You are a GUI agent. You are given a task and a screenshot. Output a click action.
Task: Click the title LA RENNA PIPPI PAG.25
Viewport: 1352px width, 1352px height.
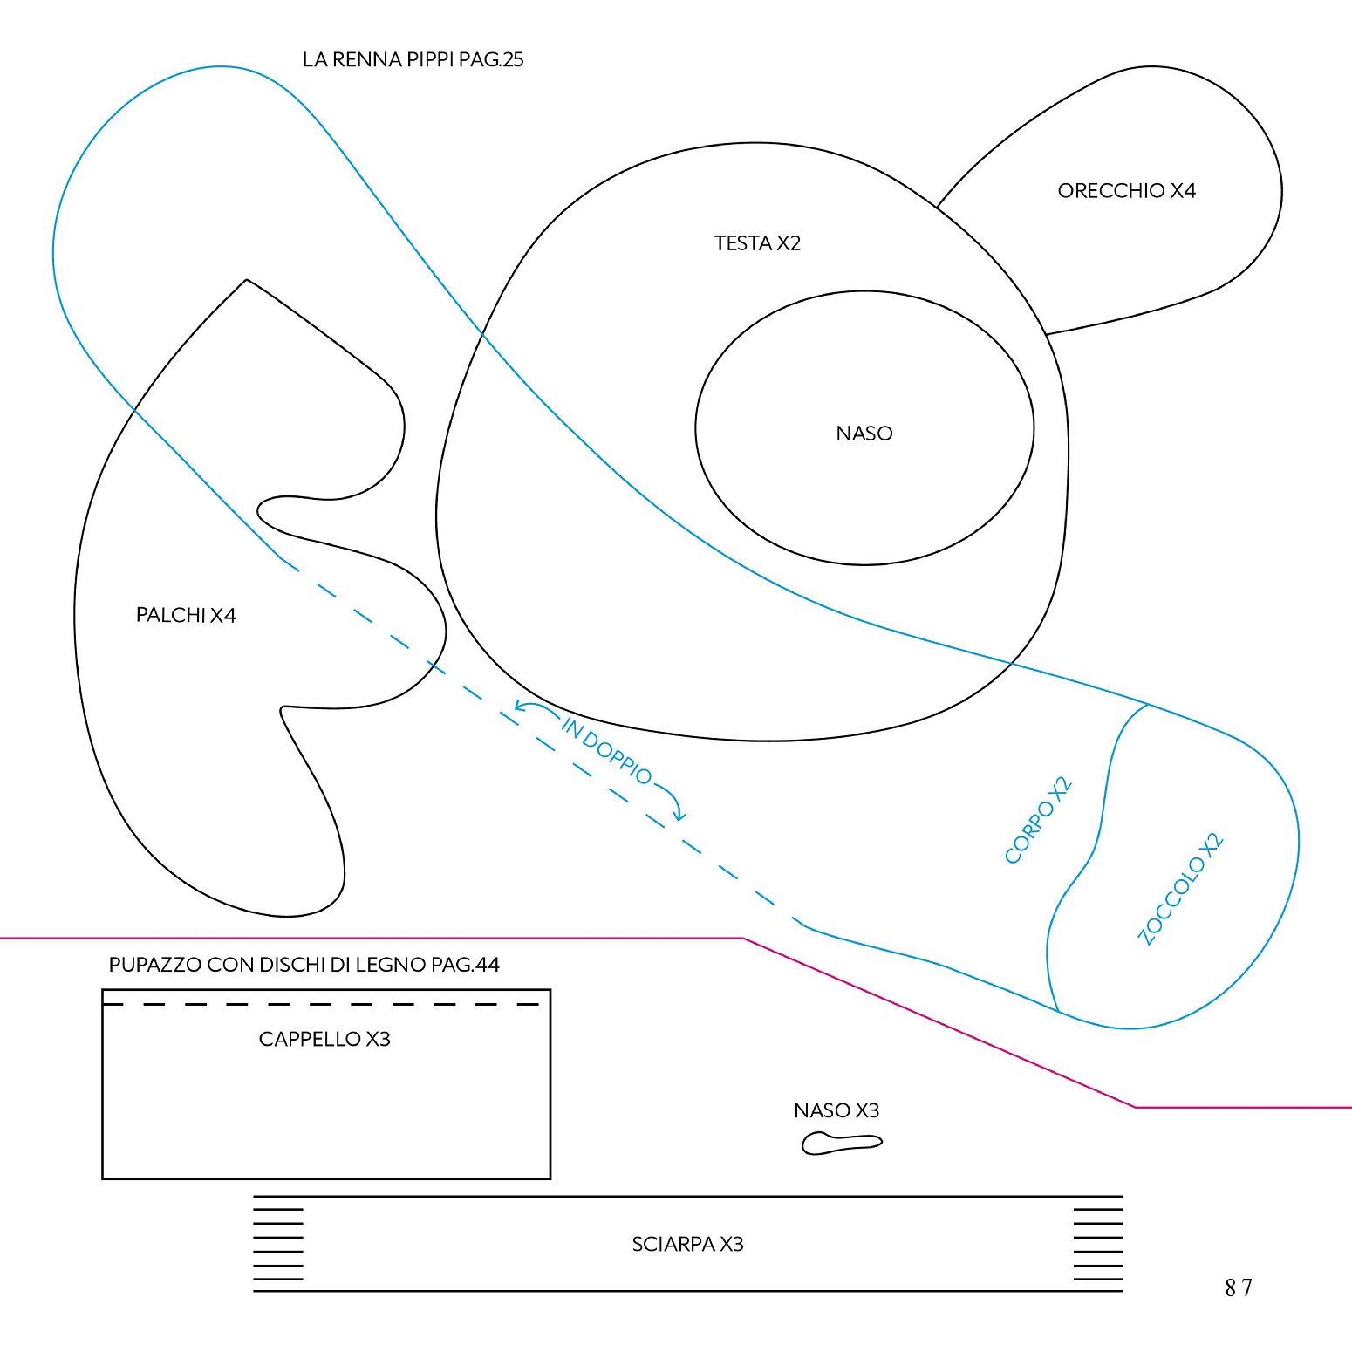tap(413, 59)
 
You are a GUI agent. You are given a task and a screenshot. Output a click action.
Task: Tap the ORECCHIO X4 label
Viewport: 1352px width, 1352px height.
tap(1126, 190)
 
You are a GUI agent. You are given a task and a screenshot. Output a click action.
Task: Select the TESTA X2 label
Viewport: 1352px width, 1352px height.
tap(757, 242)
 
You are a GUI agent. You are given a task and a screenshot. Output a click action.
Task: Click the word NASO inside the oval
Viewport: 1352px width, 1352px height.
tap(864, 434)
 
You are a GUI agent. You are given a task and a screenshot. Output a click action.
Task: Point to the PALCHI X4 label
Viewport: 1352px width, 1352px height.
tap(186, 615)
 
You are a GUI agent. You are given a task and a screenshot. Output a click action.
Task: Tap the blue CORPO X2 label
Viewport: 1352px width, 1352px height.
tap(1038, 820)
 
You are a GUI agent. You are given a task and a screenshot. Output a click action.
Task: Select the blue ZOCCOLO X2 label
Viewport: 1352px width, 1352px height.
tap(1181, 890)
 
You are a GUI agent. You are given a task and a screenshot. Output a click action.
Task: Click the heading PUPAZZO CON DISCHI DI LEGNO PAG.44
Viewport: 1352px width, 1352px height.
tap(304, 965)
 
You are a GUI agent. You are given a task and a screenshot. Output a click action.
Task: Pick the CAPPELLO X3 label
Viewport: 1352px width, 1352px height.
tap(324, 1039)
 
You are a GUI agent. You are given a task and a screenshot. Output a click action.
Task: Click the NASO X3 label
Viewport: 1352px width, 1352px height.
tap(836, 1110)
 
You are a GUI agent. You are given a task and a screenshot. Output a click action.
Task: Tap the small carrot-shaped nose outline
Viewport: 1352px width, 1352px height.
tap(842, 1143)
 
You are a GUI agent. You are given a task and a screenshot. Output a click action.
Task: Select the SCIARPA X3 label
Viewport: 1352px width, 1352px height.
tap(687, 1244)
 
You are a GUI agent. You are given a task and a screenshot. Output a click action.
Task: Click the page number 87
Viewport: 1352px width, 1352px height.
tap(1239, 1287)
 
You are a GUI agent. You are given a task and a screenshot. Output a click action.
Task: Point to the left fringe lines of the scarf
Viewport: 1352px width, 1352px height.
tap(278, 1245)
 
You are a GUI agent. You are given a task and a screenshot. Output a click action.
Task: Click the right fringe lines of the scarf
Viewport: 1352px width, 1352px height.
tap(1098, 1245)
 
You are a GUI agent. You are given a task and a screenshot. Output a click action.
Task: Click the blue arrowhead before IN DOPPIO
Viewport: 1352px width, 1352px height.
tap(521, 706)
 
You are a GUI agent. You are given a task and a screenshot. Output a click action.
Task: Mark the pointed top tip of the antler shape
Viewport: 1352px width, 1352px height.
tap(247, 280)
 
